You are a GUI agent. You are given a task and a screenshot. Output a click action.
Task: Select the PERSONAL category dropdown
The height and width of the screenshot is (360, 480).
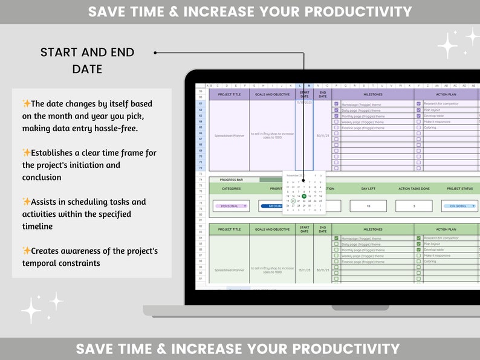230,206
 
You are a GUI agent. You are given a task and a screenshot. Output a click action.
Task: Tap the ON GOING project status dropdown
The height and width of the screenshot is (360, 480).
463,206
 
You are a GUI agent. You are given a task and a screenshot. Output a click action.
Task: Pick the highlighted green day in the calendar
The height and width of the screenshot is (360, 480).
303,196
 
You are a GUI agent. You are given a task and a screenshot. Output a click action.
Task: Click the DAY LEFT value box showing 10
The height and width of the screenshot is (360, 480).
368,206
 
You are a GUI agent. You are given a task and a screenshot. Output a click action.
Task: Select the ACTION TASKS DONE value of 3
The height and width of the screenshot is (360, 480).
414,206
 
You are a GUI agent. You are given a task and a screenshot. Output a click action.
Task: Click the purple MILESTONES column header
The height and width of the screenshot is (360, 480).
373,94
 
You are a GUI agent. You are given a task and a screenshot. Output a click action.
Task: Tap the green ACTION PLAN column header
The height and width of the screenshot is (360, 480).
446,230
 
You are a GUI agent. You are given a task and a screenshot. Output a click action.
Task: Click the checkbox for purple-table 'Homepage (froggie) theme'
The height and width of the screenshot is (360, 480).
337,104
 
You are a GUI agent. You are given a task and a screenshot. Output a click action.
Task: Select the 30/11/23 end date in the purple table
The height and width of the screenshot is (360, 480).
322,135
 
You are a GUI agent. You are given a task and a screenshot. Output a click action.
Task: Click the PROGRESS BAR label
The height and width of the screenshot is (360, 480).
232,179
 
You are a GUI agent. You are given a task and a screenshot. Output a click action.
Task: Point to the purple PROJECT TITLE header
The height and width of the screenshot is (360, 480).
229,94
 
